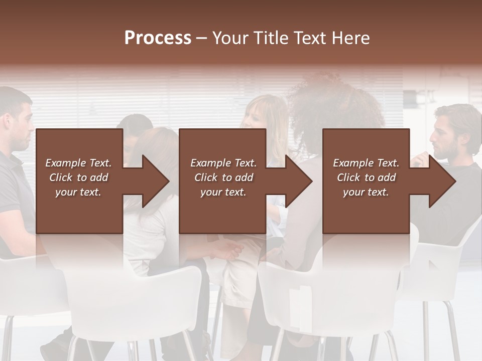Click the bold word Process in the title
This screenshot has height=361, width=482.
coord(158,38)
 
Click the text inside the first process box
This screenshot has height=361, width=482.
coord(78,177)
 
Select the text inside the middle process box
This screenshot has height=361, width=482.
coord(223,177)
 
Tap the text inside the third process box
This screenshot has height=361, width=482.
coord(366,177)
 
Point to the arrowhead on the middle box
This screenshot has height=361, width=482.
coord(298,181)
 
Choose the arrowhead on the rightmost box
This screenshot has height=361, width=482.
coord(441,181)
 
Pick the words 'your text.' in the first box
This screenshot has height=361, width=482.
coord(78,192)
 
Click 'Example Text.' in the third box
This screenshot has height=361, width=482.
coord(366,163)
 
